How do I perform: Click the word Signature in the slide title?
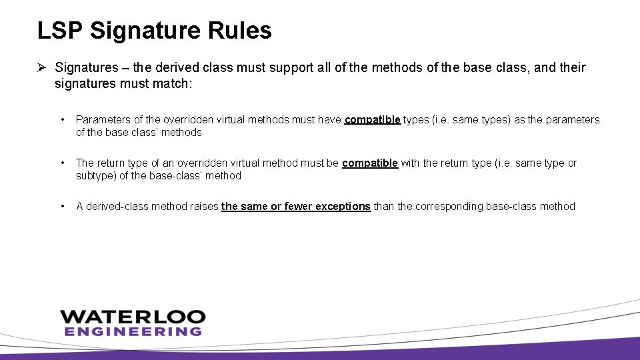click(150, 31)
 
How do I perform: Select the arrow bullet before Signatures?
click(41, 67)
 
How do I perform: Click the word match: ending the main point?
click(173, 85)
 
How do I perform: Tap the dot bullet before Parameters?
click(62, 120)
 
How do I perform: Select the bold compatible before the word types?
click(372, 120)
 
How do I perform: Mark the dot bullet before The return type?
click(62, 163)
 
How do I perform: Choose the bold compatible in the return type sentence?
click(370, 163)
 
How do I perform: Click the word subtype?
click(96, 176)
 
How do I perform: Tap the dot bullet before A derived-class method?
click(62, 207)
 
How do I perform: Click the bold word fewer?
click(298, 207)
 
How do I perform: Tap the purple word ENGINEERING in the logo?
click(132, 331)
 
